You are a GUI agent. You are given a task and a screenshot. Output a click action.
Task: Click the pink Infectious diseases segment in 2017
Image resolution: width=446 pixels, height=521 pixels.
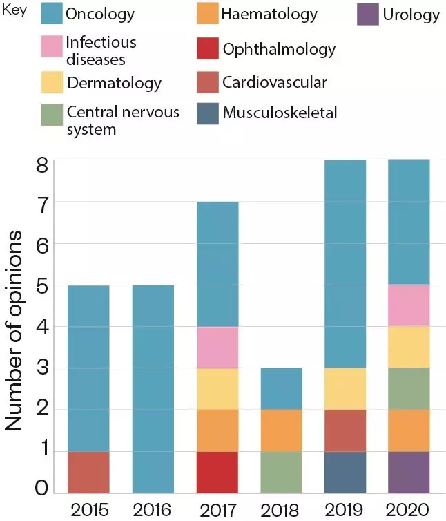point(217,348)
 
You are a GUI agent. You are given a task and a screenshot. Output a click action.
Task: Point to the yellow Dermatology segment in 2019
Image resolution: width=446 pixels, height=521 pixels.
point(345,388)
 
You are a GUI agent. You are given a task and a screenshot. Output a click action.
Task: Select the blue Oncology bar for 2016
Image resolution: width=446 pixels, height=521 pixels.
point(152,388)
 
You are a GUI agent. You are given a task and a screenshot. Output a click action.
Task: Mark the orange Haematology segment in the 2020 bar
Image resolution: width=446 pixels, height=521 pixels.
point(409,430)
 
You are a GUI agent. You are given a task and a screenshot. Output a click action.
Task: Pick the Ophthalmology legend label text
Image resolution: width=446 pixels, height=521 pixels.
point(279,49)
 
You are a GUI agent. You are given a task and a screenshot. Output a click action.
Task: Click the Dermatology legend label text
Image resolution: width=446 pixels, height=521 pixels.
point(114,84)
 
